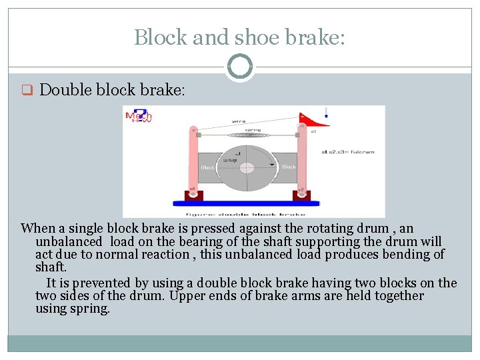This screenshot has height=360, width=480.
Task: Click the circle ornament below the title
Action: point(239,67)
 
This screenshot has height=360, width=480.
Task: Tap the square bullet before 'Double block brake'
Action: point(27,91)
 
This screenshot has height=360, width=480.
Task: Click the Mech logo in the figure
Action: point(139,116)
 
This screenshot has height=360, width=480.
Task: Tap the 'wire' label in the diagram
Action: point(239,121)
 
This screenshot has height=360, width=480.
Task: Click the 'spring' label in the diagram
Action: point(253,130)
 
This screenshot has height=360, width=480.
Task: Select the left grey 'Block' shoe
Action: point(208,167)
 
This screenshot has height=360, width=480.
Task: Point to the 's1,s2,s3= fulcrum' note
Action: point(348,152)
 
